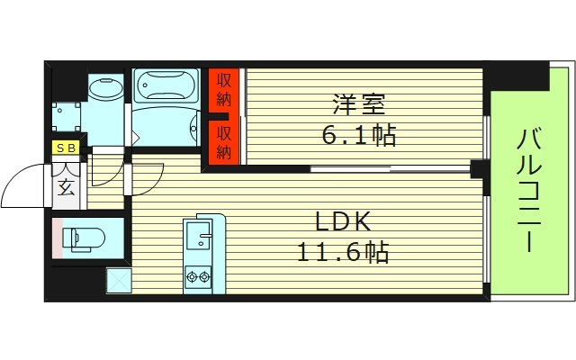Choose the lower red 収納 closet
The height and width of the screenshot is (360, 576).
click(224, 141)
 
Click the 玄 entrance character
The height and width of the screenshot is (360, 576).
click(67, 186)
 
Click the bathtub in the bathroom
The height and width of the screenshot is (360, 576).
click(167, 88)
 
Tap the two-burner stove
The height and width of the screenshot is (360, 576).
click(197, 276)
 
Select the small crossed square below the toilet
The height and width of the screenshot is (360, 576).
click(118, 281)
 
